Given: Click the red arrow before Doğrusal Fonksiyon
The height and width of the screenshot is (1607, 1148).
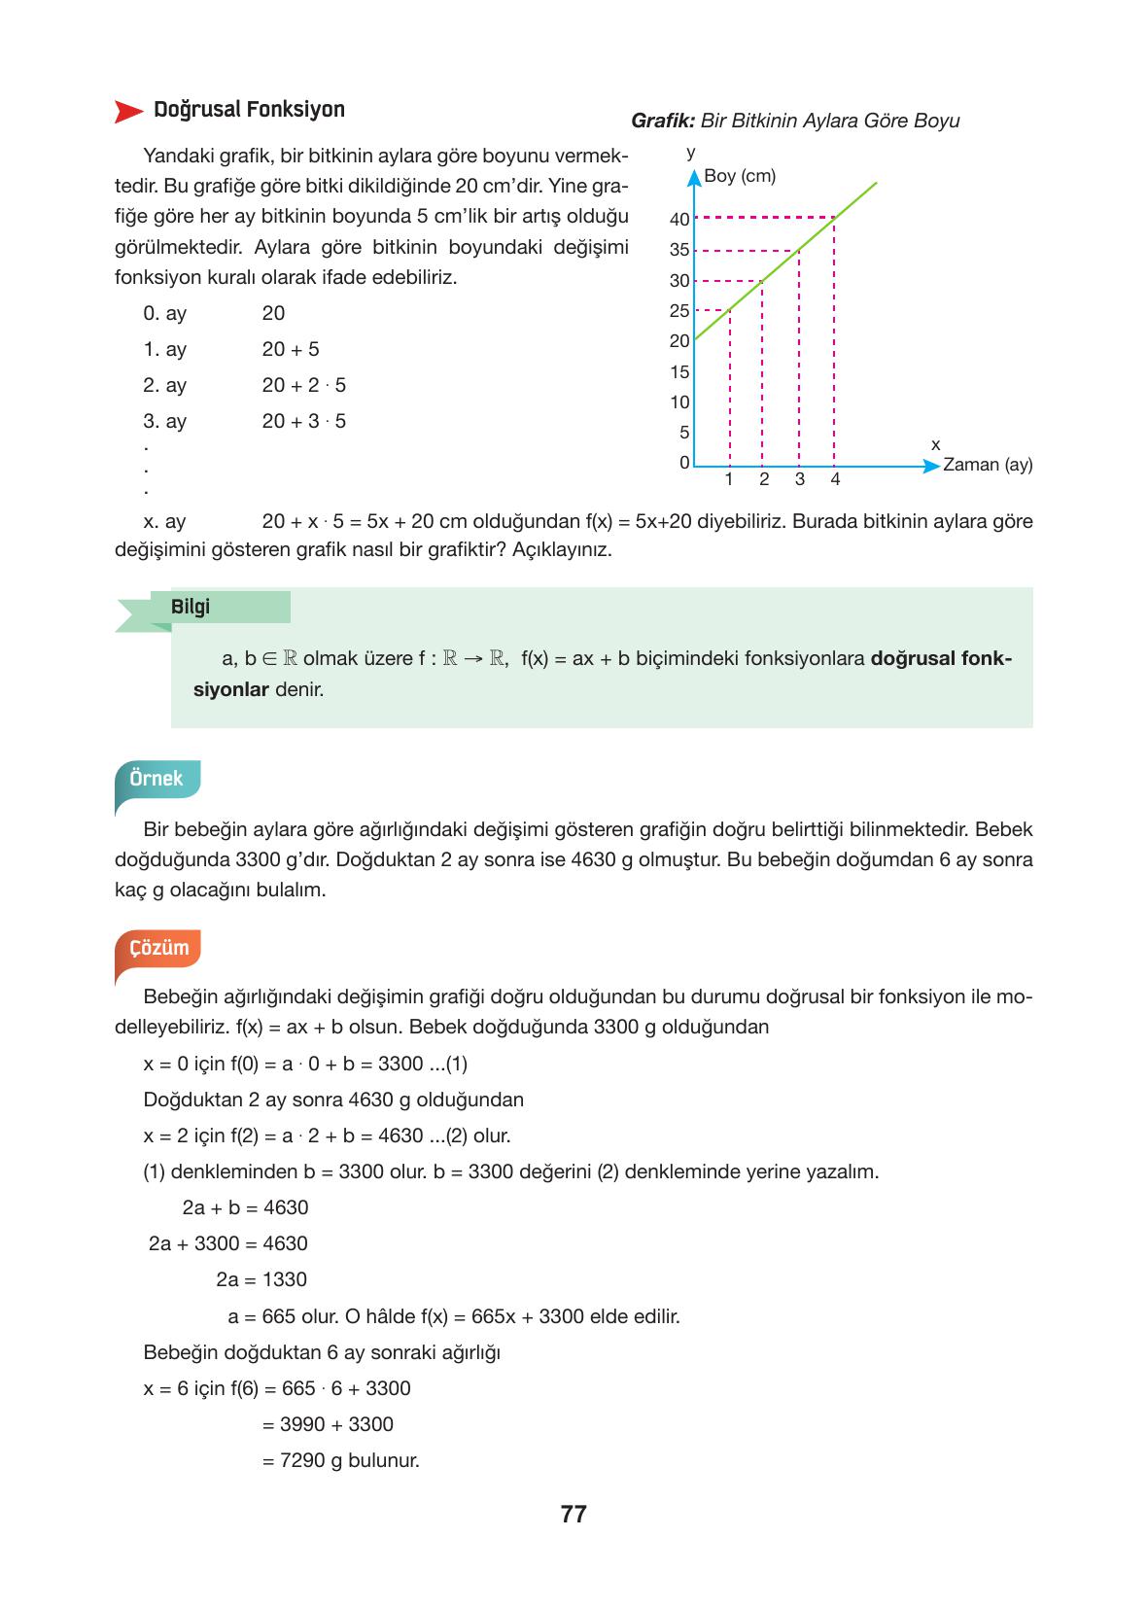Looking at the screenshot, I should point(128,111).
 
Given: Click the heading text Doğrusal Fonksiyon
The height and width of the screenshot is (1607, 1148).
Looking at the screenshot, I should point(249,109).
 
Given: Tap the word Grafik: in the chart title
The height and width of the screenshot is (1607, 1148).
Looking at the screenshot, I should point(663,121).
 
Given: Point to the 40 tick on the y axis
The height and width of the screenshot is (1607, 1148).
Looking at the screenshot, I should point(679,220).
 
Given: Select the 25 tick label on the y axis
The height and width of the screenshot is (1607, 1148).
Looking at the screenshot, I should point(679,311).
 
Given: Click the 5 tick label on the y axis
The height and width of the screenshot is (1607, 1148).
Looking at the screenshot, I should point(684,433).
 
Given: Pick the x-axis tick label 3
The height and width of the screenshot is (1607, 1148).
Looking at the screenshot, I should point(799,479).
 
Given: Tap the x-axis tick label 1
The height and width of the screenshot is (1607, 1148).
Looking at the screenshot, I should point(729,479).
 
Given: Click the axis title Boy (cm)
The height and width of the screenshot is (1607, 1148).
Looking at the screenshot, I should point(740,176).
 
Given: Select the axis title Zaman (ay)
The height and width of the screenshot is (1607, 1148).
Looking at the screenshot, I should point(987,465).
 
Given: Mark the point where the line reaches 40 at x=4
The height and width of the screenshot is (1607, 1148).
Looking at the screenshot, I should point(834,218).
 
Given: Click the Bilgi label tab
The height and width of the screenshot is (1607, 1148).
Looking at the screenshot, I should point(191,607).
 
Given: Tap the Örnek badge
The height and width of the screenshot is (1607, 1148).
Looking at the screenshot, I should point(157,779).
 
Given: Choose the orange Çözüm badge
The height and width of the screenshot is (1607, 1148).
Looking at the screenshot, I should point(158,948).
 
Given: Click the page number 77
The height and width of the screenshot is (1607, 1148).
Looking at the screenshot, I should point(574,1515).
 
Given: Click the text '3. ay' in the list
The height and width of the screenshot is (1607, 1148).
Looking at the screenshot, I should point(164,421).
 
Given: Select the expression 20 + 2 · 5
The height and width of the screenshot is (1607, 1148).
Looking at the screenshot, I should point(303,385).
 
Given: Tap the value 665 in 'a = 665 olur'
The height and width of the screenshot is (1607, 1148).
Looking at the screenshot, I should point(278,1316).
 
